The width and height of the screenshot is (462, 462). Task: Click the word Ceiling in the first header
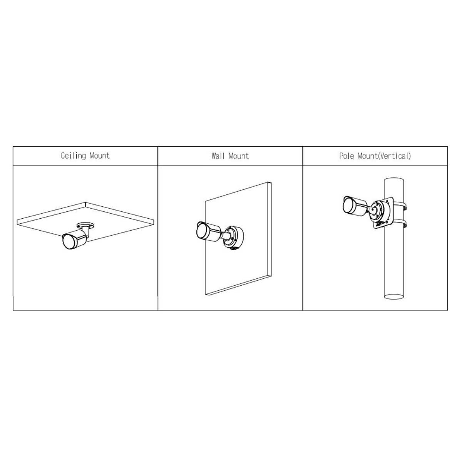(x=73, y=156)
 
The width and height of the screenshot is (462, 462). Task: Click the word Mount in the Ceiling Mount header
(x=100, y=156)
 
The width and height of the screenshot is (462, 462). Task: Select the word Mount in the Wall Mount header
(x=239, y=156)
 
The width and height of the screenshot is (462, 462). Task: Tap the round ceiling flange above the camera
(x=85, y=225)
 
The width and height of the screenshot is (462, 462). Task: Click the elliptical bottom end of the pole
(x=394, y=296)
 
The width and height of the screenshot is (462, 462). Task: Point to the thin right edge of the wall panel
(x=270, y=230)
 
